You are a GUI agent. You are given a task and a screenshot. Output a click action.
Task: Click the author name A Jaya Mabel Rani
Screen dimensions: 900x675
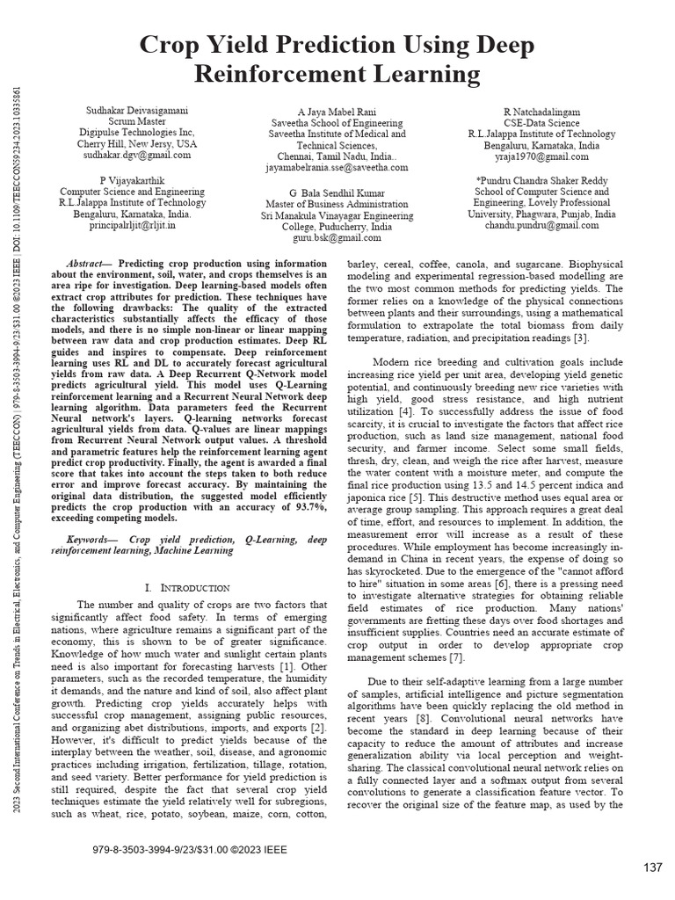[337, 112]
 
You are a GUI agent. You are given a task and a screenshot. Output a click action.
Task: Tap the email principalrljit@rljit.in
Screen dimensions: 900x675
[132, 225]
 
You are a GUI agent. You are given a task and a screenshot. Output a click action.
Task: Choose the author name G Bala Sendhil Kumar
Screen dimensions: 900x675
[337, 192]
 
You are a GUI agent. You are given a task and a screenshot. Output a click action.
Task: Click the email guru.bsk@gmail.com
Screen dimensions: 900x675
[337, 237]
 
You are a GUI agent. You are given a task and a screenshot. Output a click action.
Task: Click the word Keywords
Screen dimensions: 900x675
[93, 537]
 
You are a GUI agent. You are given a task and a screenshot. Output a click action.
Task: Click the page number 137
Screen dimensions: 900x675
[652, 867]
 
